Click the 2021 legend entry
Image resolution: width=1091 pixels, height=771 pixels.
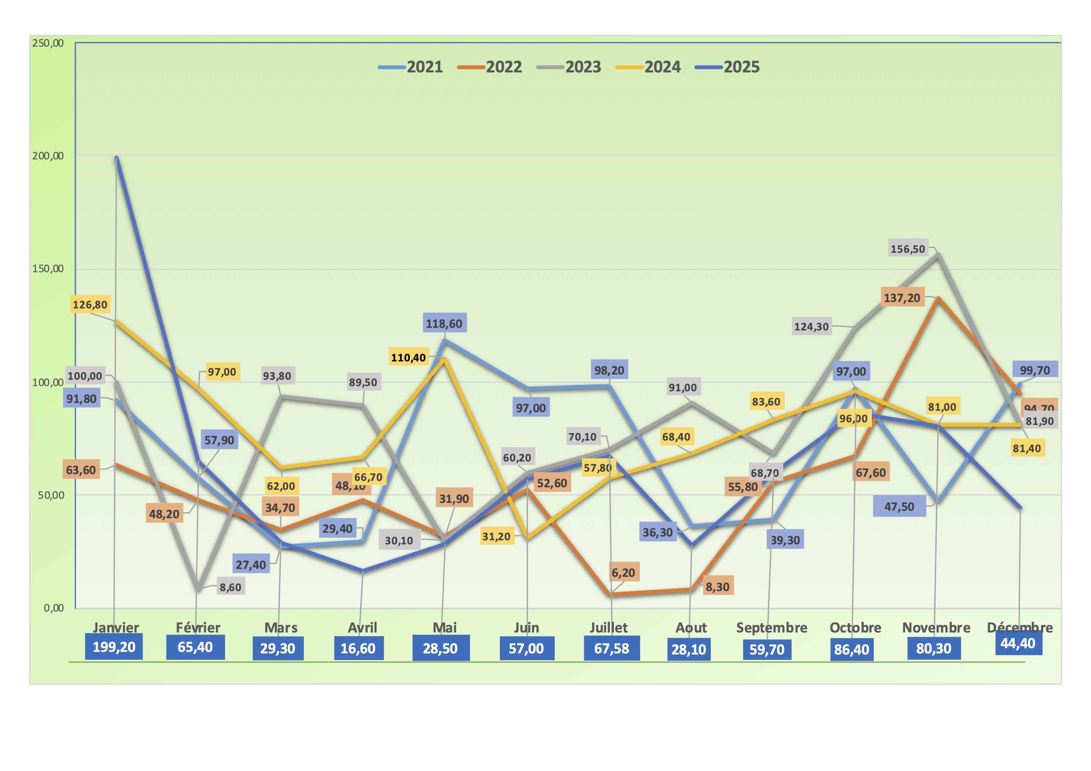click(411, 67)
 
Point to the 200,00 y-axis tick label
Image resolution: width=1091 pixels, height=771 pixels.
click(47, 156)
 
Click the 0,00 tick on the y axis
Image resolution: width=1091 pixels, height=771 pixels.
click(53, 608)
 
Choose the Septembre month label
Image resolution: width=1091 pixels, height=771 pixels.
click(772, 628)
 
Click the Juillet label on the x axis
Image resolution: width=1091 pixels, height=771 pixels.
click(609, 628)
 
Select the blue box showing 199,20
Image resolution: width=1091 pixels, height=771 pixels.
click(114, 647)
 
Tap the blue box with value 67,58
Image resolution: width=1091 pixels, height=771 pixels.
click(611, 649)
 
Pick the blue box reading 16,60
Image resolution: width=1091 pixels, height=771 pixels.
click(358, 649)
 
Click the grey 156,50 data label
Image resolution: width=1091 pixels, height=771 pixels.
click(908, 249)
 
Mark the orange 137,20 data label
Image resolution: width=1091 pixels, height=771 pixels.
click(902, 298)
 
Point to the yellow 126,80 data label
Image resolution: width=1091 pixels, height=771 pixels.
click(90, 305)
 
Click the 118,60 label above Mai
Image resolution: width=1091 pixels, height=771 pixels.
click(444, 324)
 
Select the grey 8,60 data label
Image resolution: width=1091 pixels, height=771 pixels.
click(230, 587)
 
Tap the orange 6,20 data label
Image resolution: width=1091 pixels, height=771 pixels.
click(623, 573)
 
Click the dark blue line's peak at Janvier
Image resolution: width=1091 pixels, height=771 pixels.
click(116, 158)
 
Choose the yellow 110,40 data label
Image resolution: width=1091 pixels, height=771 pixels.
click(408, 357)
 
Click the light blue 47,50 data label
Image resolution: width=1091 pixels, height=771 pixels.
click(899, 507)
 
